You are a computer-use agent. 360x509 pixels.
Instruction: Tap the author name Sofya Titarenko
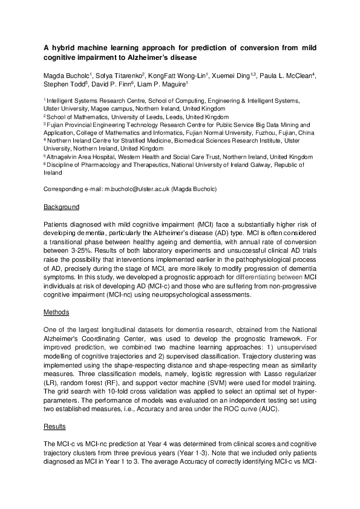118,76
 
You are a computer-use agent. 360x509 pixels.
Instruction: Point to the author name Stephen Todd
65,85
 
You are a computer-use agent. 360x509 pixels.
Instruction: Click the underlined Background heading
62,207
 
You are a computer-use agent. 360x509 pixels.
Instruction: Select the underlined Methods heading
56,313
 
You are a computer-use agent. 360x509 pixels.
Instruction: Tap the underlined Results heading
55,427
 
